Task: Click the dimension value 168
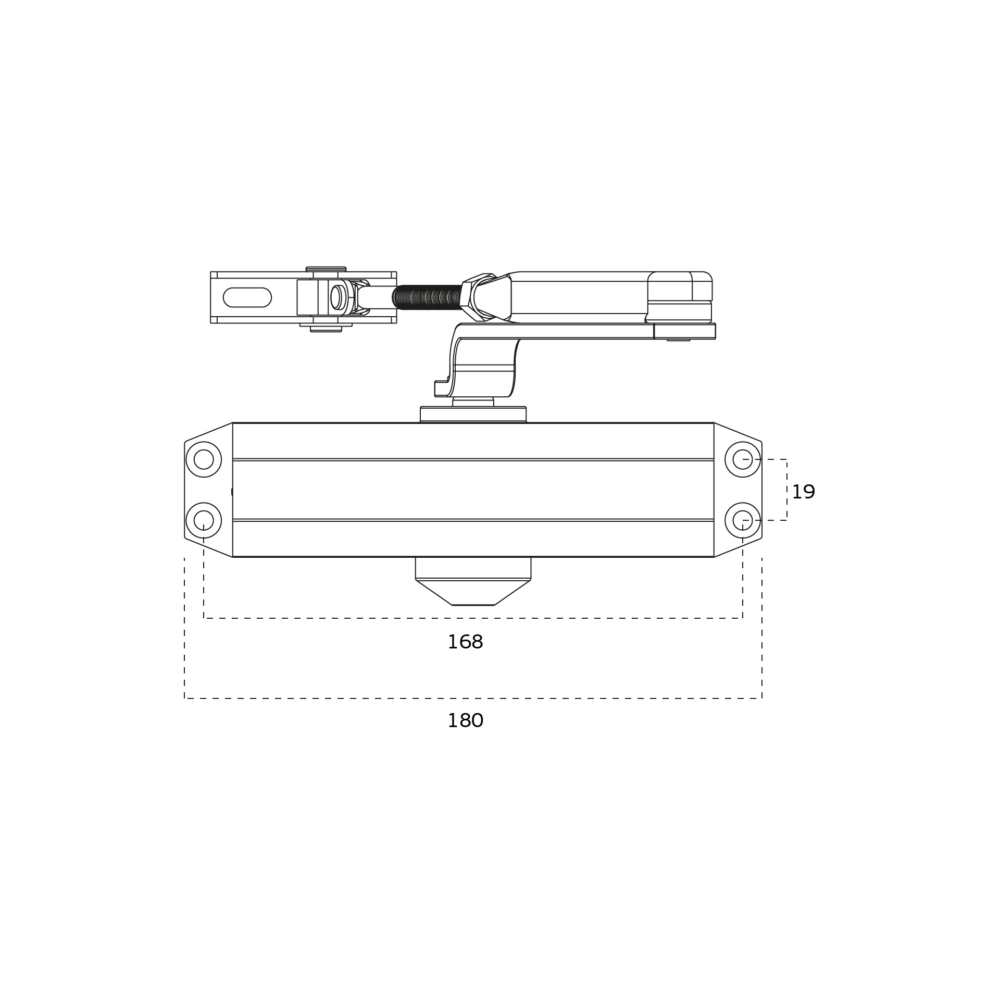pos(465,642)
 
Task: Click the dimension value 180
pos(466,721)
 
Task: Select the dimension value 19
pos(803,492)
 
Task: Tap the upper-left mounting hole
pos(204,459)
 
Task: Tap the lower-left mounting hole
pos(204,520)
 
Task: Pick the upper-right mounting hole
pos(743,459)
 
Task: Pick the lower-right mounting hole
pos(743,520)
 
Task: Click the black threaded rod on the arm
pos(427,297)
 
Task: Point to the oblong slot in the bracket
pos(247,297)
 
